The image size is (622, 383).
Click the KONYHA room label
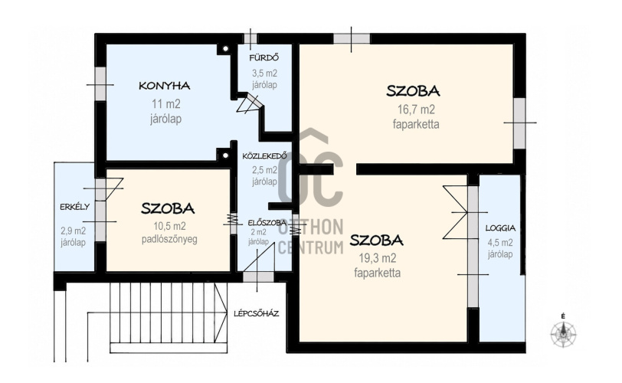pos(164,86)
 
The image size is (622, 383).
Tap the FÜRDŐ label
pos(264,58)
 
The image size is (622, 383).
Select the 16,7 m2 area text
pos(416,109)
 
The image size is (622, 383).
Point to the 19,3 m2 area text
pos(377,258)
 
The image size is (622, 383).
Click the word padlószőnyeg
pos(169,240)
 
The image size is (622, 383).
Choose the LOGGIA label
pos(500,228)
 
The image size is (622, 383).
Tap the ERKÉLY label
pos(74,207)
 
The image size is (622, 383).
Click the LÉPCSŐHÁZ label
pos(256,313)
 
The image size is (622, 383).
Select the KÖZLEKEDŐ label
pos(264,156)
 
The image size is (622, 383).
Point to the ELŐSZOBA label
pos(267,222)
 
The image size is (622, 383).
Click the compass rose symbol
pos(563,332)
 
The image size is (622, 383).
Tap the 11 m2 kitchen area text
pos(165,104)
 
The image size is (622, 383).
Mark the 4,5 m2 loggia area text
pos(500,242)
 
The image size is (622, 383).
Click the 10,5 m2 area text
pos(169,226)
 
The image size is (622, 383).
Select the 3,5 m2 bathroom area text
pos(264,74)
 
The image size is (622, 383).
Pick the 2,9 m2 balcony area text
pos(74,231)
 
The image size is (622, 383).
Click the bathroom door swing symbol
pos(249,103)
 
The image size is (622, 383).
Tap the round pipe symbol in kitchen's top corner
pos(225,49)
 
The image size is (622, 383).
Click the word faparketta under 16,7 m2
pos(416,124)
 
